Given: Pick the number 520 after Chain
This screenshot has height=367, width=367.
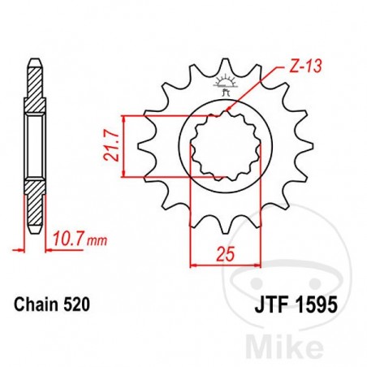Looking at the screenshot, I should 75,306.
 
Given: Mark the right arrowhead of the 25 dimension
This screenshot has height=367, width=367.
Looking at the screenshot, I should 261,263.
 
